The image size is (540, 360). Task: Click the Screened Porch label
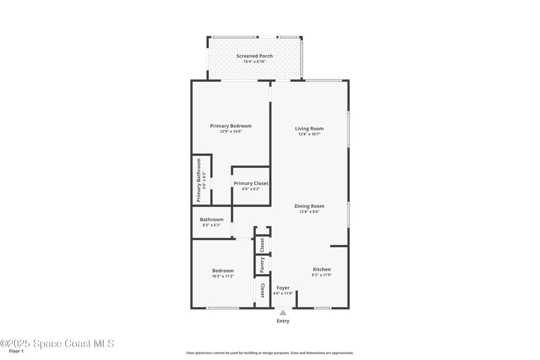tap(255, 56)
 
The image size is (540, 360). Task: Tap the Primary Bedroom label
tap(231, 126)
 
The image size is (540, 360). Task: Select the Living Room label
tap(309, 129)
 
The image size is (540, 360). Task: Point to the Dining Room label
tap(309, 206)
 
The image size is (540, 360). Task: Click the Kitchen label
tap(322, 269)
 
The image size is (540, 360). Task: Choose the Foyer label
tap(283, 288)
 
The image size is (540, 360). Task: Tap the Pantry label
tap(262, 265)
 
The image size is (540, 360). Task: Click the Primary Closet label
tap(251, 183)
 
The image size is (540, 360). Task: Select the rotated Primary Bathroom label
tap(199, 180)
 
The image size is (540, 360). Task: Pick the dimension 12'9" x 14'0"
tap(231, 131)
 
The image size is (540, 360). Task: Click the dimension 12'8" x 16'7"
tap(309, 134)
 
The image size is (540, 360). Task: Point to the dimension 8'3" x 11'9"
tap(322, 275)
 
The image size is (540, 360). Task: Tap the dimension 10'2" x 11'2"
tap(223, 276)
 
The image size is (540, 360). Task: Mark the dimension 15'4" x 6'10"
tap(255, 62)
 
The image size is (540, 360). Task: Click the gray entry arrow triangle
tap(283, 313)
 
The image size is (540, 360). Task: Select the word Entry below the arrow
tap(283, 321)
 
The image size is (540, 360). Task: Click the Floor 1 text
tap(16, 352)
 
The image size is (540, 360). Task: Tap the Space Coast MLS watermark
tap(57, 344)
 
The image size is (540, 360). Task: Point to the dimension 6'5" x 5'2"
tap(211, 225)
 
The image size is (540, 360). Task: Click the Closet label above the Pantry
tap(262, 245)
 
